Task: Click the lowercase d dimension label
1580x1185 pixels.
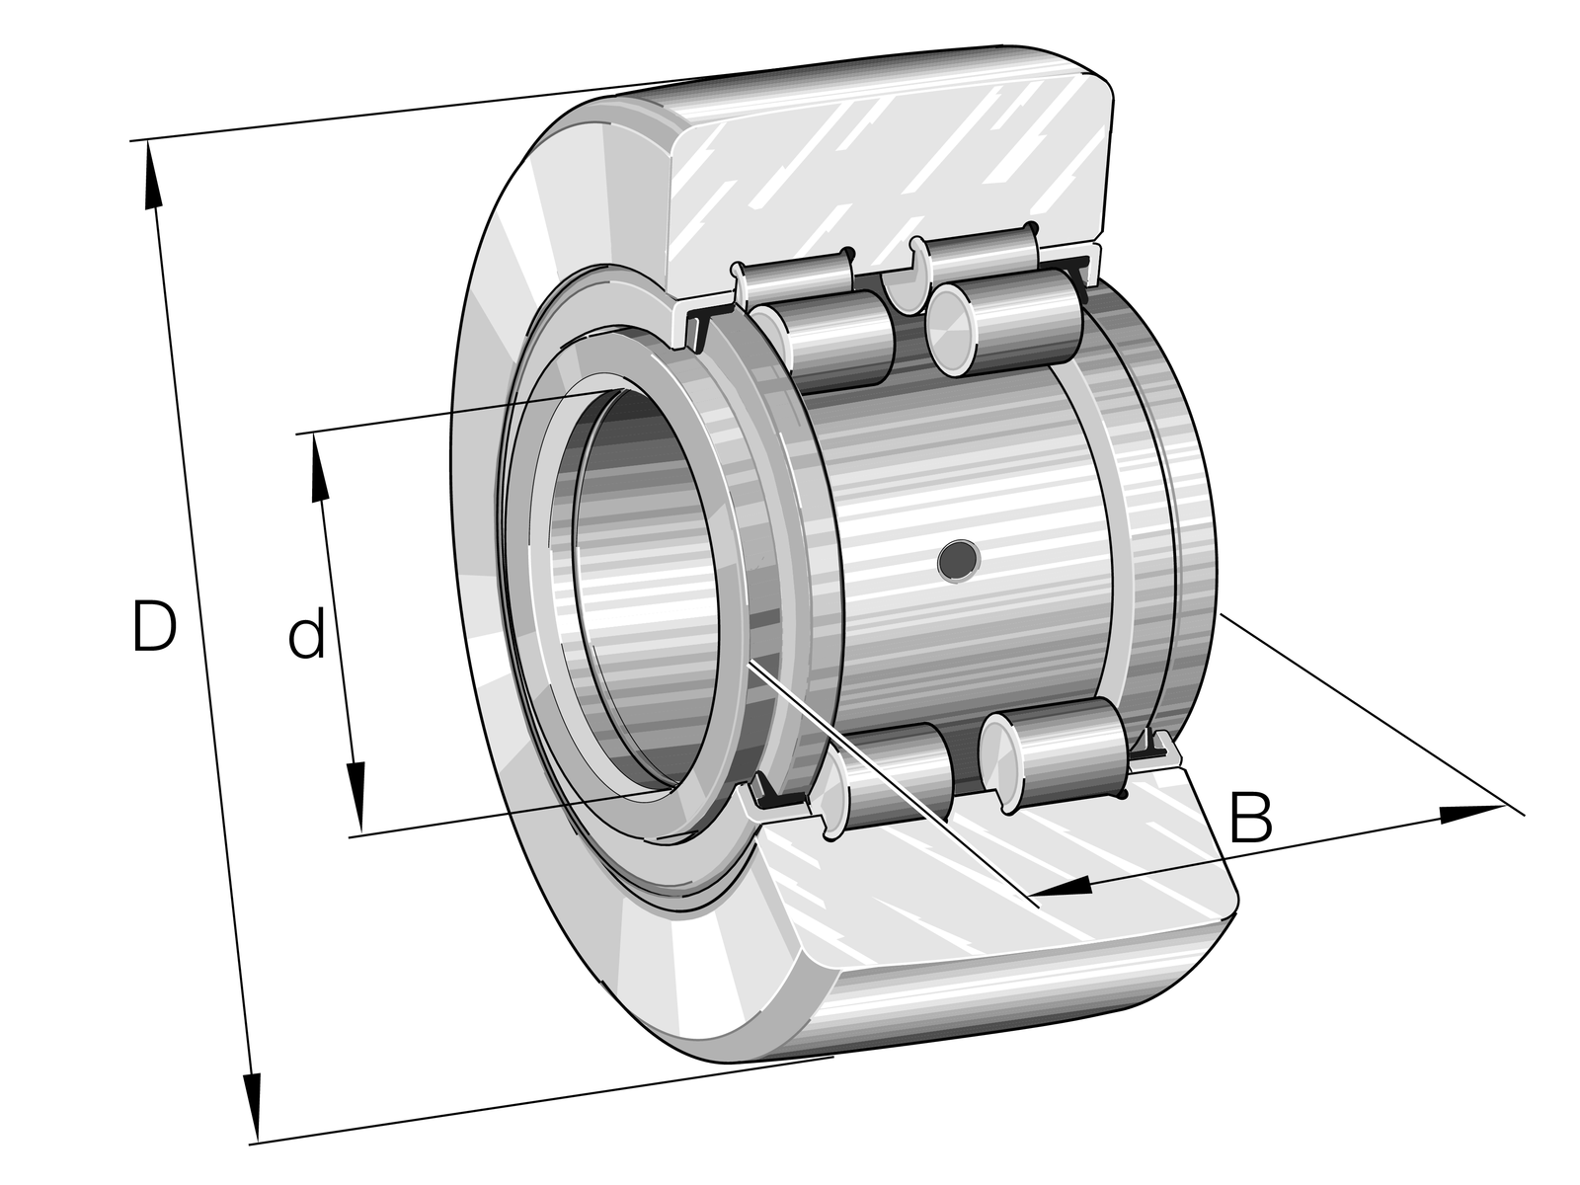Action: point(307,632)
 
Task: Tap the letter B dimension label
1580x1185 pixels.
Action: point(1251,817)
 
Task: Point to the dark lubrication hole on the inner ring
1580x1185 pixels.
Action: point(959,559)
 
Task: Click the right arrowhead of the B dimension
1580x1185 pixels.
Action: point(1469,813)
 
